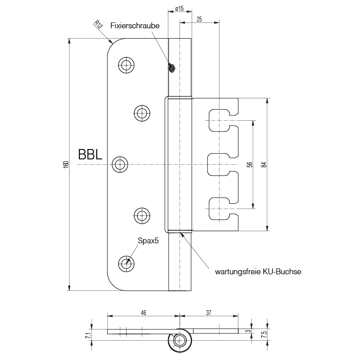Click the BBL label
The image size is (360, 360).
(x=90, y=155)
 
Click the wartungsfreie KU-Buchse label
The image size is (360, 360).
(x=258, y=272)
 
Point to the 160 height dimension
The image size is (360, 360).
(x=66, y=165)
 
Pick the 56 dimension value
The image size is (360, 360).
(x=250, y=165)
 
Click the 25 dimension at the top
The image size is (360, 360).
(x=199, y=18)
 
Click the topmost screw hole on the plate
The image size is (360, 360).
(x=126, y=65)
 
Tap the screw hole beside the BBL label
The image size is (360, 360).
(x=119, y=165)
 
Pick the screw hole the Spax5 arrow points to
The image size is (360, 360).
(x=126, y=263)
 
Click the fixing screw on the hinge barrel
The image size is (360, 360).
(x=171, y=67)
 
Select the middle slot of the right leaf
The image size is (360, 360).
(x=220, y=165)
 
